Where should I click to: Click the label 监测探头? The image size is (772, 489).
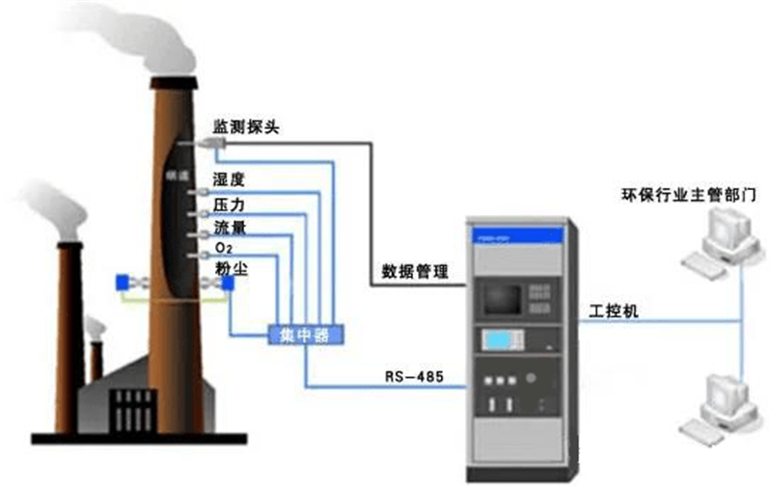point(246,127)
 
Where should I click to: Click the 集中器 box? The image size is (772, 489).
point(307,335)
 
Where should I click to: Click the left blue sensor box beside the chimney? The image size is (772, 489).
point(124,282)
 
